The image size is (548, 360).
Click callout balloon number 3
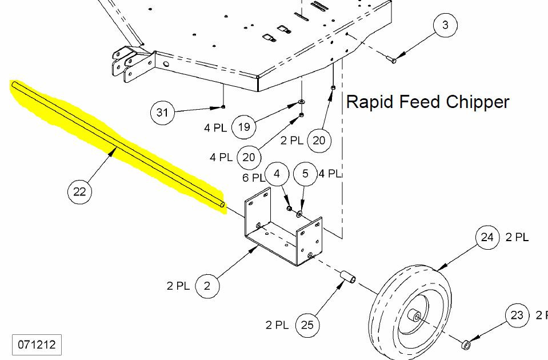pos(445,26)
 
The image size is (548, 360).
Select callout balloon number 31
pos(162,112)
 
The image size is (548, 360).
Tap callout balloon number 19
pos(243,127)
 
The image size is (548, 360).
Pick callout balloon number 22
pos(79,191)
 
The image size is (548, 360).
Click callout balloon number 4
pos(277,174)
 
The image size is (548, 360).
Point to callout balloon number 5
pos(305,174)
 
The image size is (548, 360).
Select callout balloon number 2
pos(207,286)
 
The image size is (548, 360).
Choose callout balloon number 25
pos(307,325)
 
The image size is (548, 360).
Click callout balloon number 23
pos(517,315)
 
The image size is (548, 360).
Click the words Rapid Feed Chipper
pos(427,102)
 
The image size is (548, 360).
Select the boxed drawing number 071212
pos(37,345)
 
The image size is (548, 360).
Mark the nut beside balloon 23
pos(465,344)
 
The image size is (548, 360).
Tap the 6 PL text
pos(253,178)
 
